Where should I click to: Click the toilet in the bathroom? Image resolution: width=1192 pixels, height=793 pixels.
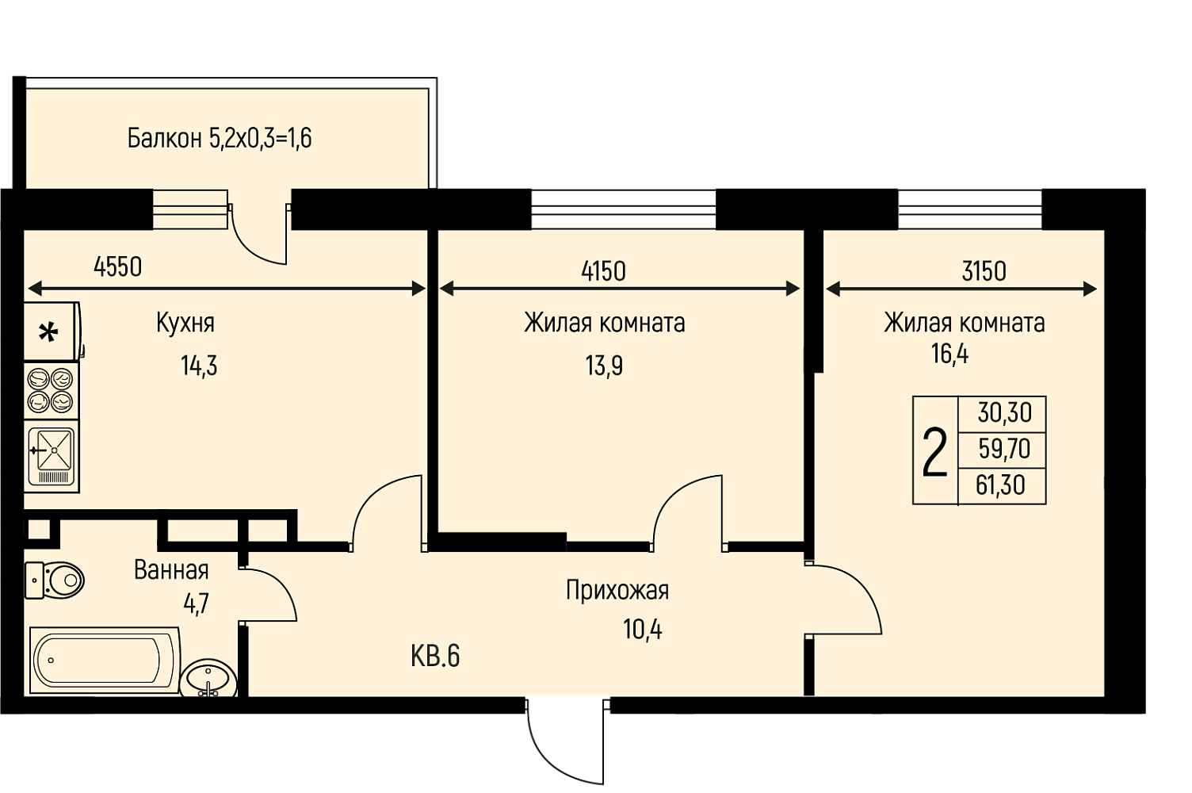pos(54,580)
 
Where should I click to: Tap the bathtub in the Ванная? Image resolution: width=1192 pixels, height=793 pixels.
pos(105,661)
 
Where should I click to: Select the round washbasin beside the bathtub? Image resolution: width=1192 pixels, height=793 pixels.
pos(208,679)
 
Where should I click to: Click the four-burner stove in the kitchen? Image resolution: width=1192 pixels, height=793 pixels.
pos(51,392)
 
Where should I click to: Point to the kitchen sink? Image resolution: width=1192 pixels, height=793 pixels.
pos(51,457)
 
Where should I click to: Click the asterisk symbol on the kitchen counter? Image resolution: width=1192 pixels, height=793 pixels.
pos(48,333)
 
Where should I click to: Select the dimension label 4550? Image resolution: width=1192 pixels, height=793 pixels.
pos(117,266)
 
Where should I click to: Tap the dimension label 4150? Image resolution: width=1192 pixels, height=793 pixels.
pos(603,271)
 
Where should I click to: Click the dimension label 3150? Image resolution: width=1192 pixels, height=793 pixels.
pos(984,271)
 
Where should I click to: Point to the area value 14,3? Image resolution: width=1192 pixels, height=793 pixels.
pos(199,366)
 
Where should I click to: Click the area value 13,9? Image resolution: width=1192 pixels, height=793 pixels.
pos(604,366)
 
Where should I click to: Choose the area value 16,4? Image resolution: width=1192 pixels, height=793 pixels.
pos(949,354)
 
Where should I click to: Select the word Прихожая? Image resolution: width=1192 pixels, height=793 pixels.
pos(617,590)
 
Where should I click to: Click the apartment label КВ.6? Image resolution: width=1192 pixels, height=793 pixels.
pos(435,656)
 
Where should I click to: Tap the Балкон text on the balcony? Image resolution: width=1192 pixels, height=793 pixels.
pos(164,139)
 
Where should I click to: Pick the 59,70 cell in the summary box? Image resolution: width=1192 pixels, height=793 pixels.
pos(1004,449)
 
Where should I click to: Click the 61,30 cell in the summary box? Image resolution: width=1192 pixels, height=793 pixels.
pos(1000,485)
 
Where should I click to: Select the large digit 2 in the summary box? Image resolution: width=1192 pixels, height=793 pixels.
pos(934,452)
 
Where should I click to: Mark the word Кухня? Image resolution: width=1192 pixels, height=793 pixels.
pos(185,324)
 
